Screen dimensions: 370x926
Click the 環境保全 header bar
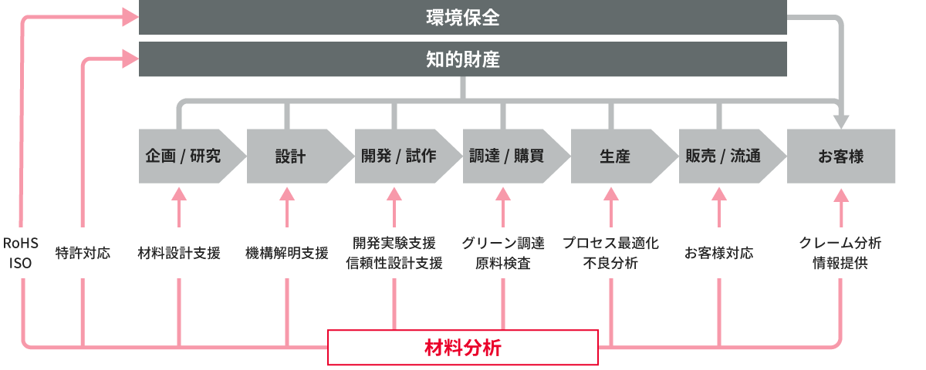(x=463, y=18)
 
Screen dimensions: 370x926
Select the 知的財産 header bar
(x=463, y=59)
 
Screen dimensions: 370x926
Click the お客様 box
(x=841, y=156)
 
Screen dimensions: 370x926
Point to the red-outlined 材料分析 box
(x=463, y=347)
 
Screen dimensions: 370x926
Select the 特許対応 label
(x=83, y=252)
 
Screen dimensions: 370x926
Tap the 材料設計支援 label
(x=179, y=252)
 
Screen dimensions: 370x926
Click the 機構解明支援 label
(x=287, y=252)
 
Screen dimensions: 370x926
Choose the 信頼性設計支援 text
(x=395, y=263)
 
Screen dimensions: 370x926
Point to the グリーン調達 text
(x=503, y=243)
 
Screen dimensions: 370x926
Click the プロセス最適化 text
(x=610, y=243)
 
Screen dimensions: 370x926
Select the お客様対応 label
(x=719, y=252)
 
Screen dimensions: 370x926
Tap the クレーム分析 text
(x=840, y=243)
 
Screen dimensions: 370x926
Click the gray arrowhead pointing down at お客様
(x=840, y=121)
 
